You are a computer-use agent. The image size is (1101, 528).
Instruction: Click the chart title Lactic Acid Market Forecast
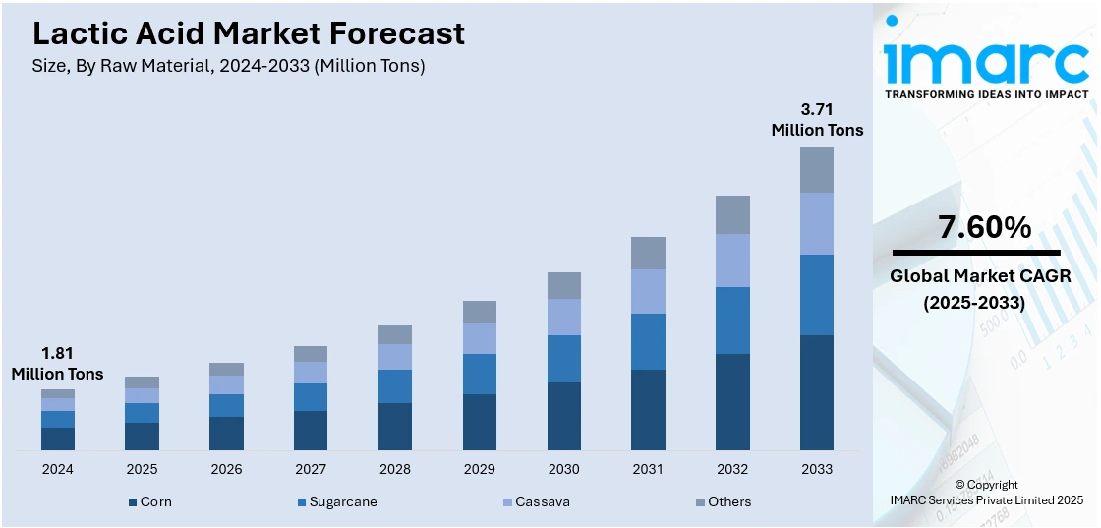coord(249,33)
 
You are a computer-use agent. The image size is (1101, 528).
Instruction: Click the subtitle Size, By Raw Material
coord(229,66)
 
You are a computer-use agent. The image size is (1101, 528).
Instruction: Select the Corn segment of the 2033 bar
coord(816,392)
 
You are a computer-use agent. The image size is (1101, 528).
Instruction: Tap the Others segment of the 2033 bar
coord(816,169)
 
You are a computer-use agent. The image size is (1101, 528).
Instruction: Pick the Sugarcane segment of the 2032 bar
coord(732,321)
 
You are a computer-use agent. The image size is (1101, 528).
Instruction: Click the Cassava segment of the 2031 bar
coord(648,291)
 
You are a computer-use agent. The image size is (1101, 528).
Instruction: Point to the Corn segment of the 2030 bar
coord(564,416)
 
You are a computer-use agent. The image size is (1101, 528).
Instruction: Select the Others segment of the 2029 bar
coord(480,312)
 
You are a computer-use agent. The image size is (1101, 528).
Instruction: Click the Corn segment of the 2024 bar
coord(58,439)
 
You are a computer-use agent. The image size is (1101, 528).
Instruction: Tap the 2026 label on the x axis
coord(226,469)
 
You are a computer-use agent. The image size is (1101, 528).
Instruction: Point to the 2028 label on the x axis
coord(395,469)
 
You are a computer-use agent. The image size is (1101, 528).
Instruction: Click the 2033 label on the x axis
coord(816,469)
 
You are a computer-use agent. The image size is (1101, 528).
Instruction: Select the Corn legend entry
coord(149,501)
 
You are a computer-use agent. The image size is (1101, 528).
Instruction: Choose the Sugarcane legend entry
coord(336,501)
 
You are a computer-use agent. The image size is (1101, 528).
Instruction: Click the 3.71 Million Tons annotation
coord(817,118)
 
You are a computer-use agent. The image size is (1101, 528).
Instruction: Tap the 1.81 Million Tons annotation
coord(58,363)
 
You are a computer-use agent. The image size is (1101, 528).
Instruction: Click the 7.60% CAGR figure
coord(985,228)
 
